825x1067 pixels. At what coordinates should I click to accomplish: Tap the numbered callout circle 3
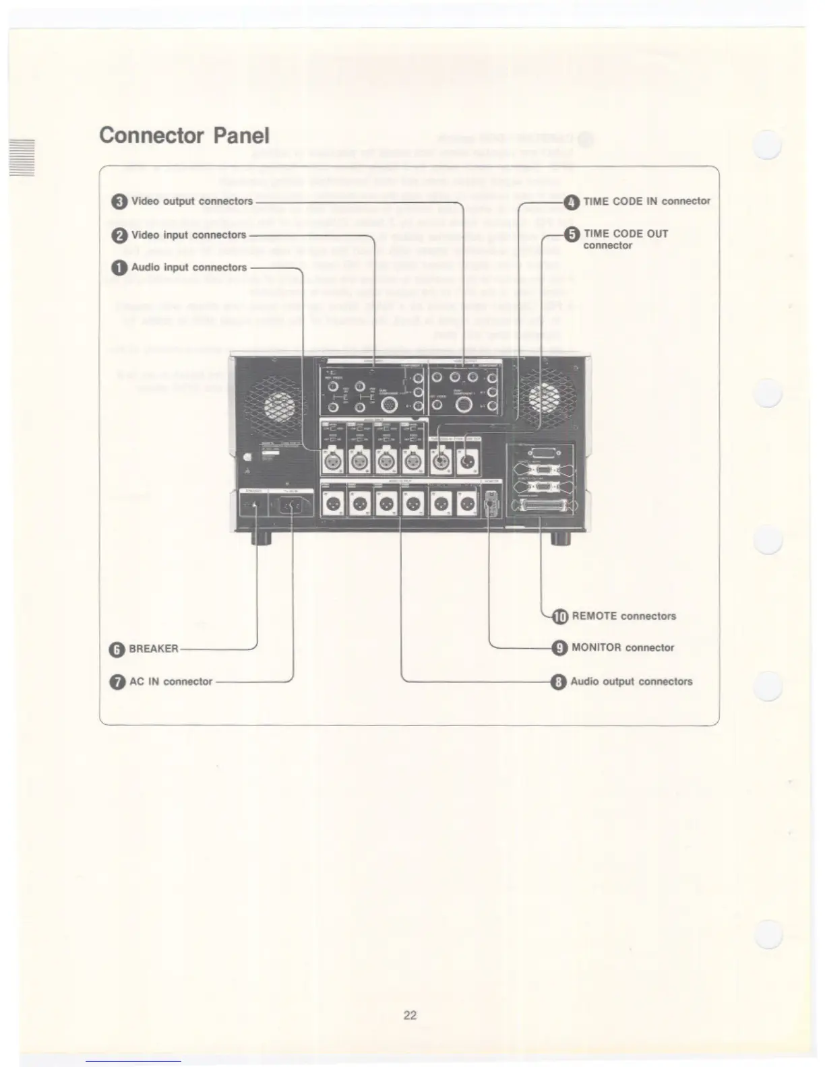click(x=120, y=201)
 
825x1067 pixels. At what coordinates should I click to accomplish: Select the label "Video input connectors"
click(x=188, y=235)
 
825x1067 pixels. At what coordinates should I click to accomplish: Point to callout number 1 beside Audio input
click(x=119, y=267)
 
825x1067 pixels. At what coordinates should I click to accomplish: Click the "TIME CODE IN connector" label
click(x=646, y=201)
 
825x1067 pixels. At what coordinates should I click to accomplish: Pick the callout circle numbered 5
click(x=572, y=234)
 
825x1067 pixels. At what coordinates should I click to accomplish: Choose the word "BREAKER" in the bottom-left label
click(x=154, y=649)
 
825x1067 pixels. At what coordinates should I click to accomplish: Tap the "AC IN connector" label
click(x=171, y=682)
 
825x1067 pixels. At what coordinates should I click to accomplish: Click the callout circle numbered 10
click(x=560, y=616)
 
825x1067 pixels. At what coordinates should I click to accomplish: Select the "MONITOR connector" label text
click(x=622, y=648)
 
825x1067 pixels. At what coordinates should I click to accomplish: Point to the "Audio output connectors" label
click(x=631, y=682)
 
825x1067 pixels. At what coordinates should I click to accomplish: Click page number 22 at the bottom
click(x=410, y=1015)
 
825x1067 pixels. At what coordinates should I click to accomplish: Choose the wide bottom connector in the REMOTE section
click(x=545, y=507)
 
